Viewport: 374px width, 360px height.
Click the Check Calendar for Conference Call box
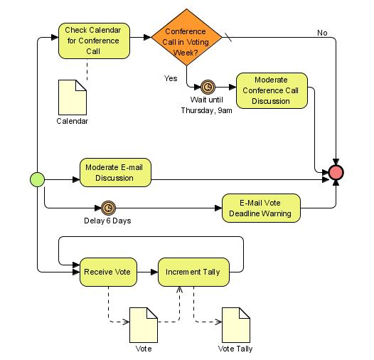94,41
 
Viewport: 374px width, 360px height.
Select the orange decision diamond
186,37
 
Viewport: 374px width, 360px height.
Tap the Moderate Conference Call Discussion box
272,90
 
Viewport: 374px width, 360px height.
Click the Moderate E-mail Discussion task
115,172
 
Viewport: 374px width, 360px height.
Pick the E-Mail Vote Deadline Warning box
261,208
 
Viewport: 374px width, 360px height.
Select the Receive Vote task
107,272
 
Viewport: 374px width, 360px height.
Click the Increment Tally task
193,272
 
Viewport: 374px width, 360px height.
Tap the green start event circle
37,179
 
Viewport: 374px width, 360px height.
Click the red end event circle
336,172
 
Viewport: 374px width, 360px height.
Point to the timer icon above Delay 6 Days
108,208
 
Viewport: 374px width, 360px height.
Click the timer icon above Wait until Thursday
207,87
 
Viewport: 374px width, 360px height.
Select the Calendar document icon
72,96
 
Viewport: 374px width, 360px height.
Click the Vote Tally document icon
235,325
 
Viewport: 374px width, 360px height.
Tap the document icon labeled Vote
143,325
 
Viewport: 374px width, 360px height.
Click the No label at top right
322,33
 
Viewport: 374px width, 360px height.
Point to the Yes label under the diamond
171,78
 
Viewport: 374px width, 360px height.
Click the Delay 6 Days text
107,221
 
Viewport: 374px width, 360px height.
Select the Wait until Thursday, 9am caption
206,105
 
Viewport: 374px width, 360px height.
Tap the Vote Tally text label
235,349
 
